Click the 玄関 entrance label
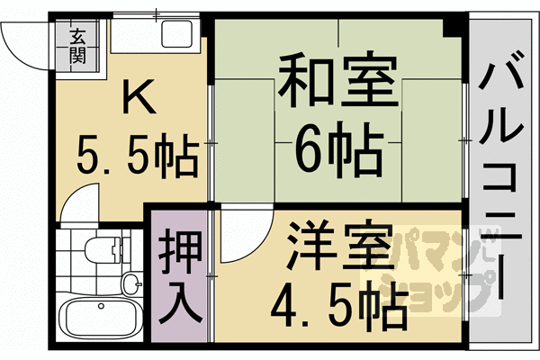[x=77, y=46]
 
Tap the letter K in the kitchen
[x=139, y=96]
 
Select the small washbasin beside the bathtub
[x=132, y=283]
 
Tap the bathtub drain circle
[x=101, y=306]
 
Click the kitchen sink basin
[x=177, y=34]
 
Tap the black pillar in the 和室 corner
[x=452, y=28]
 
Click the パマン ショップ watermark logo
[x=430, y=271]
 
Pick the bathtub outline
[x=101, y=318]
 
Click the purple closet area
[x=179, y=275]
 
